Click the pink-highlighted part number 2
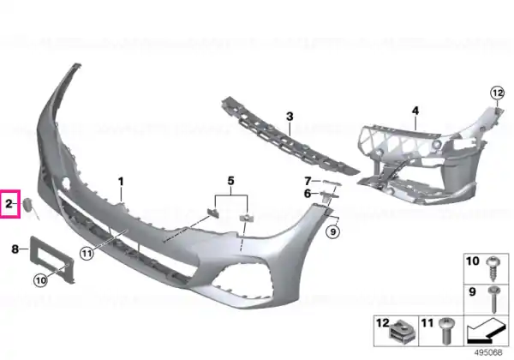coord(9,204)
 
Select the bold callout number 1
coord(121,182)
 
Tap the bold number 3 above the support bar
coord(290,117)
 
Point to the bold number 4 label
coord(415,111)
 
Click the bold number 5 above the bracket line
coord(231,181)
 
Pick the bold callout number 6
coord(308,194)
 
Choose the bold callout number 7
coord(308,181)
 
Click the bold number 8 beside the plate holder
coord(15,249)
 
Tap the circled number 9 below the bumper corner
coord(333,231)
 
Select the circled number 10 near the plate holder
coord(40,280)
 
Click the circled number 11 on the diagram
coord(87,253)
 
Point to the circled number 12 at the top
coord(497,93)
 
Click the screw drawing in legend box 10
coord(493,268)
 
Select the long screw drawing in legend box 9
coord(493,298)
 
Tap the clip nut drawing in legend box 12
coord(403,331)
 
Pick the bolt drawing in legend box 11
coord(447,331)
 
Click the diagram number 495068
coord(488,352)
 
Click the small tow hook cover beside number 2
coord(27,206)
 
